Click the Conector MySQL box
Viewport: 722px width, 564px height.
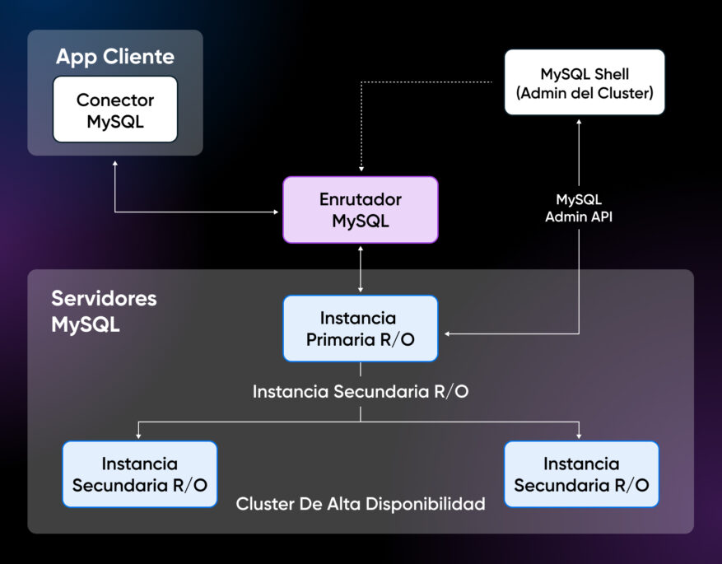pyautogui.click(x=115, y=110)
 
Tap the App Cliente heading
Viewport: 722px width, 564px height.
pyautogui.click(x=115, y=57)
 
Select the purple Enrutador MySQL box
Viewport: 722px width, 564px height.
pyautogui.click(x=361, y=210)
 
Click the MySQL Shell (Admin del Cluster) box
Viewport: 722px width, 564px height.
pyautogui.click(x=584, y=84)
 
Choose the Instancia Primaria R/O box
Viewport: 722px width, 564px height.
pyautogui.click(x=361, y=329)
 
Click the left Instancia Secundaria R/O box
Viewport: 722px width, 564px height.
pyautogui.click(x=140, y=474)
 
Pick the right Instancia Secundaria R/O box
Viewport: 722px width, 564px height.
pyautogui.click(x=581, y=474)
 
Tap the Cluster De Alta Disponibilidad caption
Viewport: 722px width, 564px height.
pyautogui.click(x=361, y=503)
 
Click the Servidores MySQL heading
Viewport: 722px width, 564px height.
pyautogui.click(x=104, y=310)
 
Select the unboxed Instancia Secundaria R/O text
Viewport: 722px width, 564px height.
pyautogui.click(x=361, y=392)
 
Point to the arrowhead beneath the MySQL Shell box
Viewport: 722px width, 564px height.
pyautogui.click(x=579, y=122)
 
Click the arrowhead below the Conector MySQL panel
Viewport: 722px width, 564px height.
pyautogui.click(x=115, y=161)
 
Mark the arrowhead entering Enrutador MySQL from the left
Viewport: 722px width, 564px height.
pyautogui.click(x=277, y=212)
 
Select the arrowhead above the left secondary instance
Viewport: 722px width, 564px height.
pyautogui.click(x=139, y=436)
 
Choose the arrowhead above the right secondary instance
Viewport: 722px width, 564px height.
pyautogui.click(x=579, y=436)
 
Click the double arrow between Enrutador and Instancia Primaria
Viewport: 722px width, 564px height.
pyautogui.click(x=361, y=269)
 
